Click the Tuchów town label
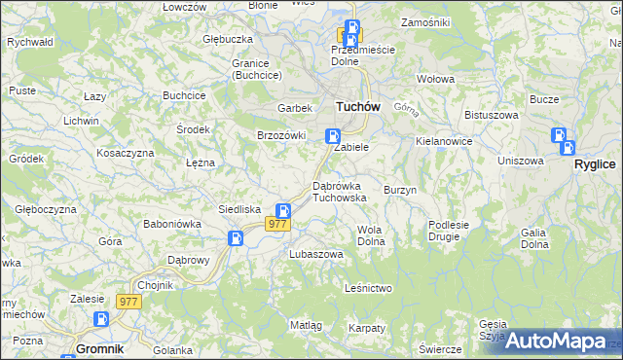356,107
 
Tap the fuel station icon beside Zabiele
333,138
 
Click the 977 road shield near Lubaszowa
277,225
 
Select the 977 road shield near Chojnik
129,302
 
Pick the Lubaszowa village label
315,254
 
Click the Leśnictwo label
368,288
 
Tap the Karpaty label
367,328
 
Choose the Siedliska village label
238,209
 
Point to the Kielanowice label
443,141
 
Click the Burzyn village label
400,190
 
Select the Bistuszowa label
488,115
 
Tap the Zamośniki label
424,21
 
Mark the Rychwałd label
29,43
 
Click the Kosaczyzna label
126,154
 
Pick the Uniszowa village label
520,161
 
